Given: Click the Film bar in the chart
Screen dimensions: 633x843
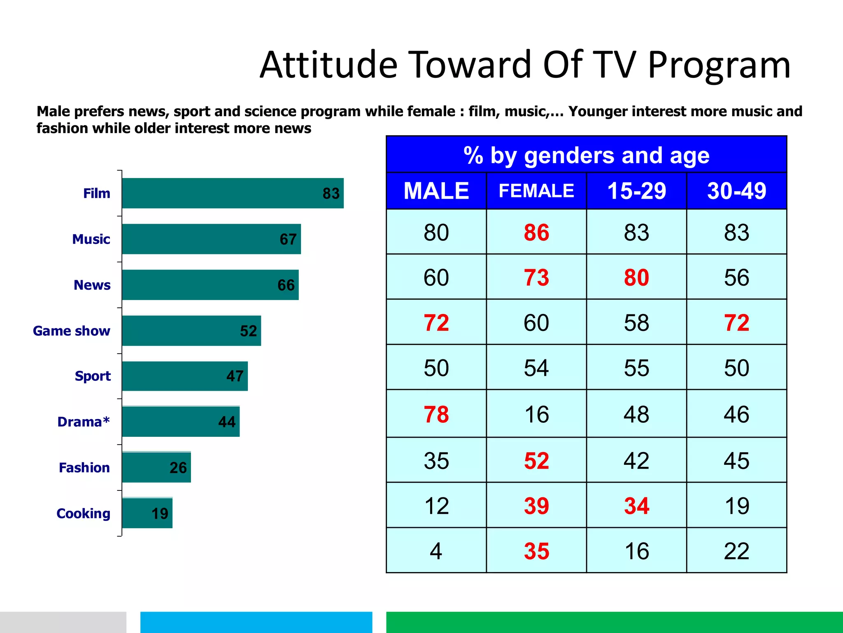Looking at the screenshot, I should coord(233,193).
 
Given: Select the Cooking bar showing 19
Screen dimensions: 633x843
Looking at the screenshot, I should coord(147,513).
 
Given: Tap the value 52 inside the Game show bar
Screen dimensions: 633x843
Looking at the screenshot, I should coord(248,331).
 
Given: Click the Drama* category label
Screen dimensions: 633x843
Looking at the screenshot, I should coord(84,422).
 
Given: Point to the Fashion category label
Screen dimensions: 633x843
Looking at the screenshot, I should coord(84,467).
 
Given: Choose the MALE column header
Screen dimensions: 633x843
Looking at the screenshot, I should coord(436,191).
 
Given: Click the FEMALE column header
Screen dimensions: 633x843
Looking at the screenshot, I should coord(536,191).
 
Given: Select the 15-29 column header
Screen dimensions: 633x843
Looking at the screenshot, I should coord(636,191).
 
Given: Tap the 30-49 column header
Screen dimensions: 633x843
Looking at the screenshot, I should coord(736,191).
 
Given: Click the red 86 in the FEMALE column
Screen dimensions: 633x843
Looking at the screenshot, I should coord(536,232).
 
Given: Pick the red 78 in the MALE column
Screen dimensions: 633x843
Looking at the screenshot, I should coord(436,414).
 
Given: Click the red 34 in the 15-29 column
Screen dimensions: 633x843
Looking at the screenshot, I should coord(636,506).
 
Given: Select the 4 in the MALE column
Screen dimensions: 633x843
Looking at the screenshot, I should coord(436,551).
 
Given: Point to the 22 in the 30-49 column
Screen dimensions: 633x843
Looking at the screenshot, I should coord(736,551).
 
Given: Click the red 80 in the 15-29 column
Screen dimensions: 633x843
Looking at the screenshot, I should coord(636,277).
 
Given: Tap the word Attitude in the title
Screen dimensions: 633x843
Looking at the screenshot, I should coord(328,65).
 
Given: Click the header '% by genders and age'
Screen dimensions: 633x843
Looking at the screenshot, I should coord(586,155).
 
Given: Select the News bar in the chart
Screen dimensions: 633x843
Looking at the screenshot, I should coord(210,285).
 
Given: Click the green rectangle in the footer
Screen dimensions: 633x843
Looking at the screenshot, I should coord(614,622).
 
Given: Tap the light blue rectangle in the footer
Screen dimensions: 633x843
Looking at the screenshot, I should coord(256,622).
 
